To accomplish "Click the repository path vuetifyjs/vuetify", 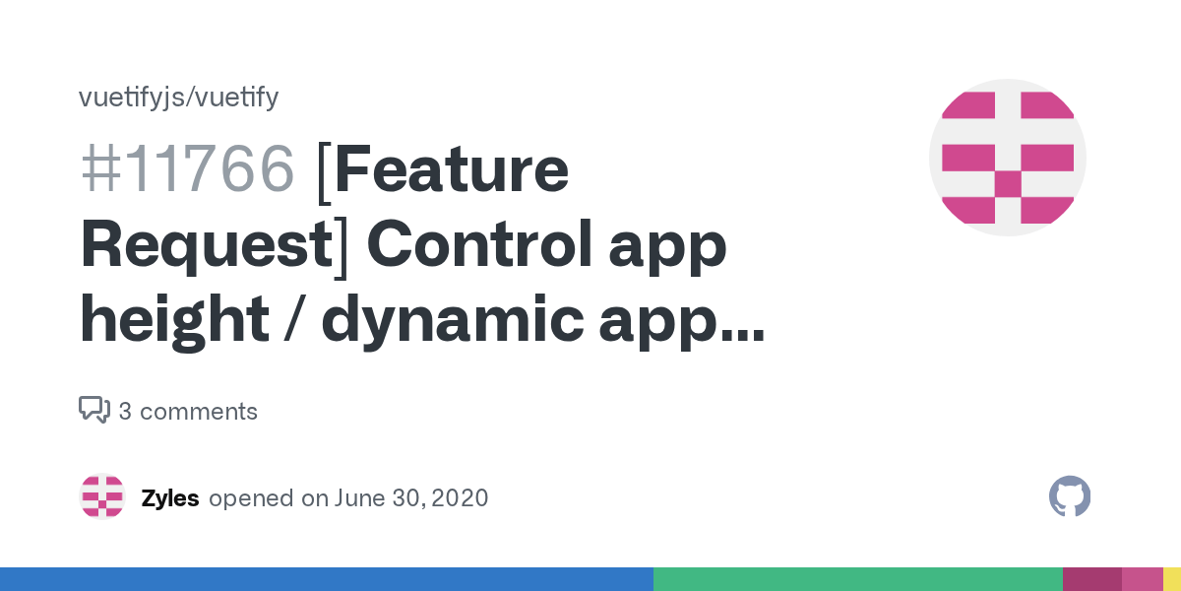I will point(178,98).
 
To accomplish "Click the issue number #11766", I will point(187,169).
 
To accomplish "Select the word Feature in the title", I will point(451,169).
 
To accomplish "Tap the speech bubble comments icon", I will point(94,410).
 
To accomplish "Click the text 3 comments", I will point(188,412).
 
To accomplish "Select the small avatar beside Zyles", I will point(102,497).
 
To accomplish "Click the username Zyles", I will point(170,498).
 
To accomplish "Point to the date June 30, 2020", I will point(411,498).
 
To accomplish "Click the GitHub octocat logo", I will point(1070,497).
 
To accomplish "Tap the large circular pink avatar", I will point(1007,158).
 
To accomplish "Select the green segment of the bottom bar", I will point(857,579).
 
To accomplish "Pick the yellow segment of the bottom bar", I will point(1172,579).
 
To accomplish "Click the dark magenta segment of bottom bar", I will point(1091,579).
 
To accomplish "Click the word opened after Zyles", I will point(252,498).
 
